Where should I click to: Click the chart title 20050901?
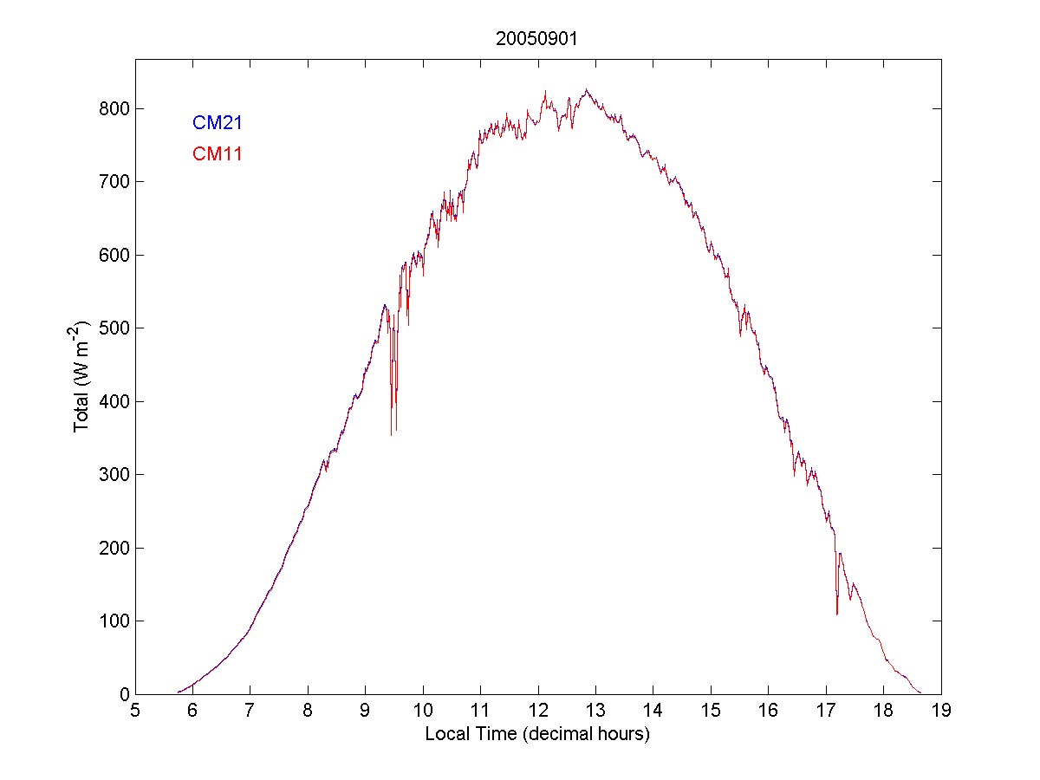[x=537, y=39]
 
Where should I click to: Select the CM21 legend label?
[x=217, y=123]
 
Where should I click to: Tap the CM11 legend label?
[x=217, y=154]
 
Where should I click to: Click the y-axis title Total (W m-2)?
[x=82, y=376]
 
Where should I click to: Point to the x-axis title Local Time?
[x=537, y=734]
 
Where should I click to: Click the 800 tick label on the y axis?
[x=113, y=109]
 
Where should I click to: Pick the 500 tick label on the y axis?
[x=113, y=328]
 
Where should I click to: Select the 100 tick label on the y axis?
[x=113, y=621]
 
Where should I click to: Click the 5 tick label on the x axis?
[x=135, y=712]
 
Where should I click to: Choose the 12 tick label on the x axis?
[x=537, y=712]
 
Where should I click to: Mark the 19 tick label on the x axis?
[x=941, y=712]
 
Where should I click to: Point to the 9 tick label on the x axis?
[x=366, y=712]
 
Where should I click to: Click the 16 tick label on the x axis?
[x=768, y=712]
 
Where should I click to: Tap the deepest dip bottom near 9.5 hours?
[x=391, y=434]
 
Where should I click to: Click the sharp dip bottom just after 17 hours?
[x=836, y=614]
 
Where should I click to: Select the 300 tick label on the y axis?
[x=113, y=475]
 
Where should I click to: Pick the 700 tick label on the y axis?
[x=113, y=182]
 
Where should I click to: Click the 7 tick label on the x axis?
[x=250, y=712]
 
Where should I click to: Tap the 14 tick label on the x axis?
[x=653, y=712]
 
